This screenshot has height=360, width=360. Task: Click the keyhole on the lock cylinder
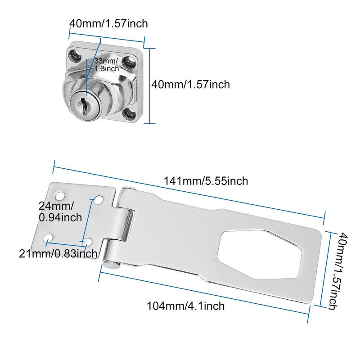pos(84,107)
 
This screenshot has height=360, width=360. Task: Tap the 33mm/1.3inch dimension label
pos(107,65)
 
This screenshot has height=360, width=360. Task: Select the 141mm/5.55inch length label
pos(206,181)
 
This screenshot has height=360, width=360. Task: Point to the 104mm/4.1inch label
pos(185,306)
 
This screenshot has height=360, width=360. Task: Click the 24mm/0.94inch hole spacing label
pos(60,211)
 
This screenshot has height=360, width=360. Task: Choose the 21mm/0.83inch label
pos(58,254)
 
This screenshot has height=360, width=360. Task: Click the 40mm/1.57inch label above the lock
pos(108,23)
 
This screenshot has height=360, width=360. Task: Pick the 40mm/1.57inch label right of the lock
pos(190,85)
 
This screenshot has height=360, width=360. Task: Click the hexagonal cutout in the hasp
pos(260,254)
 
